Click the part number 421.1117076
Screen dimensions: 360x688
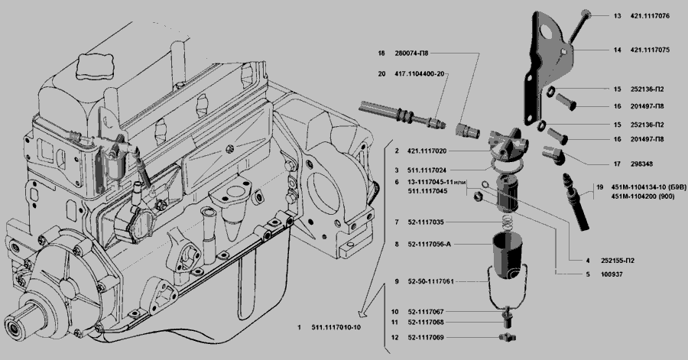650,15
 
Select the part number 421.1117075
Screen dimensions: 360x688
650,50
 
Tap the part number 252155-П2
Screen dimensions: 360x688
618,261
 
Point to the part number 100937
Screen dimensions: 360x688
613,274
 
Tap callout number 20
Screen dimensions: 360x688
381,74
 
